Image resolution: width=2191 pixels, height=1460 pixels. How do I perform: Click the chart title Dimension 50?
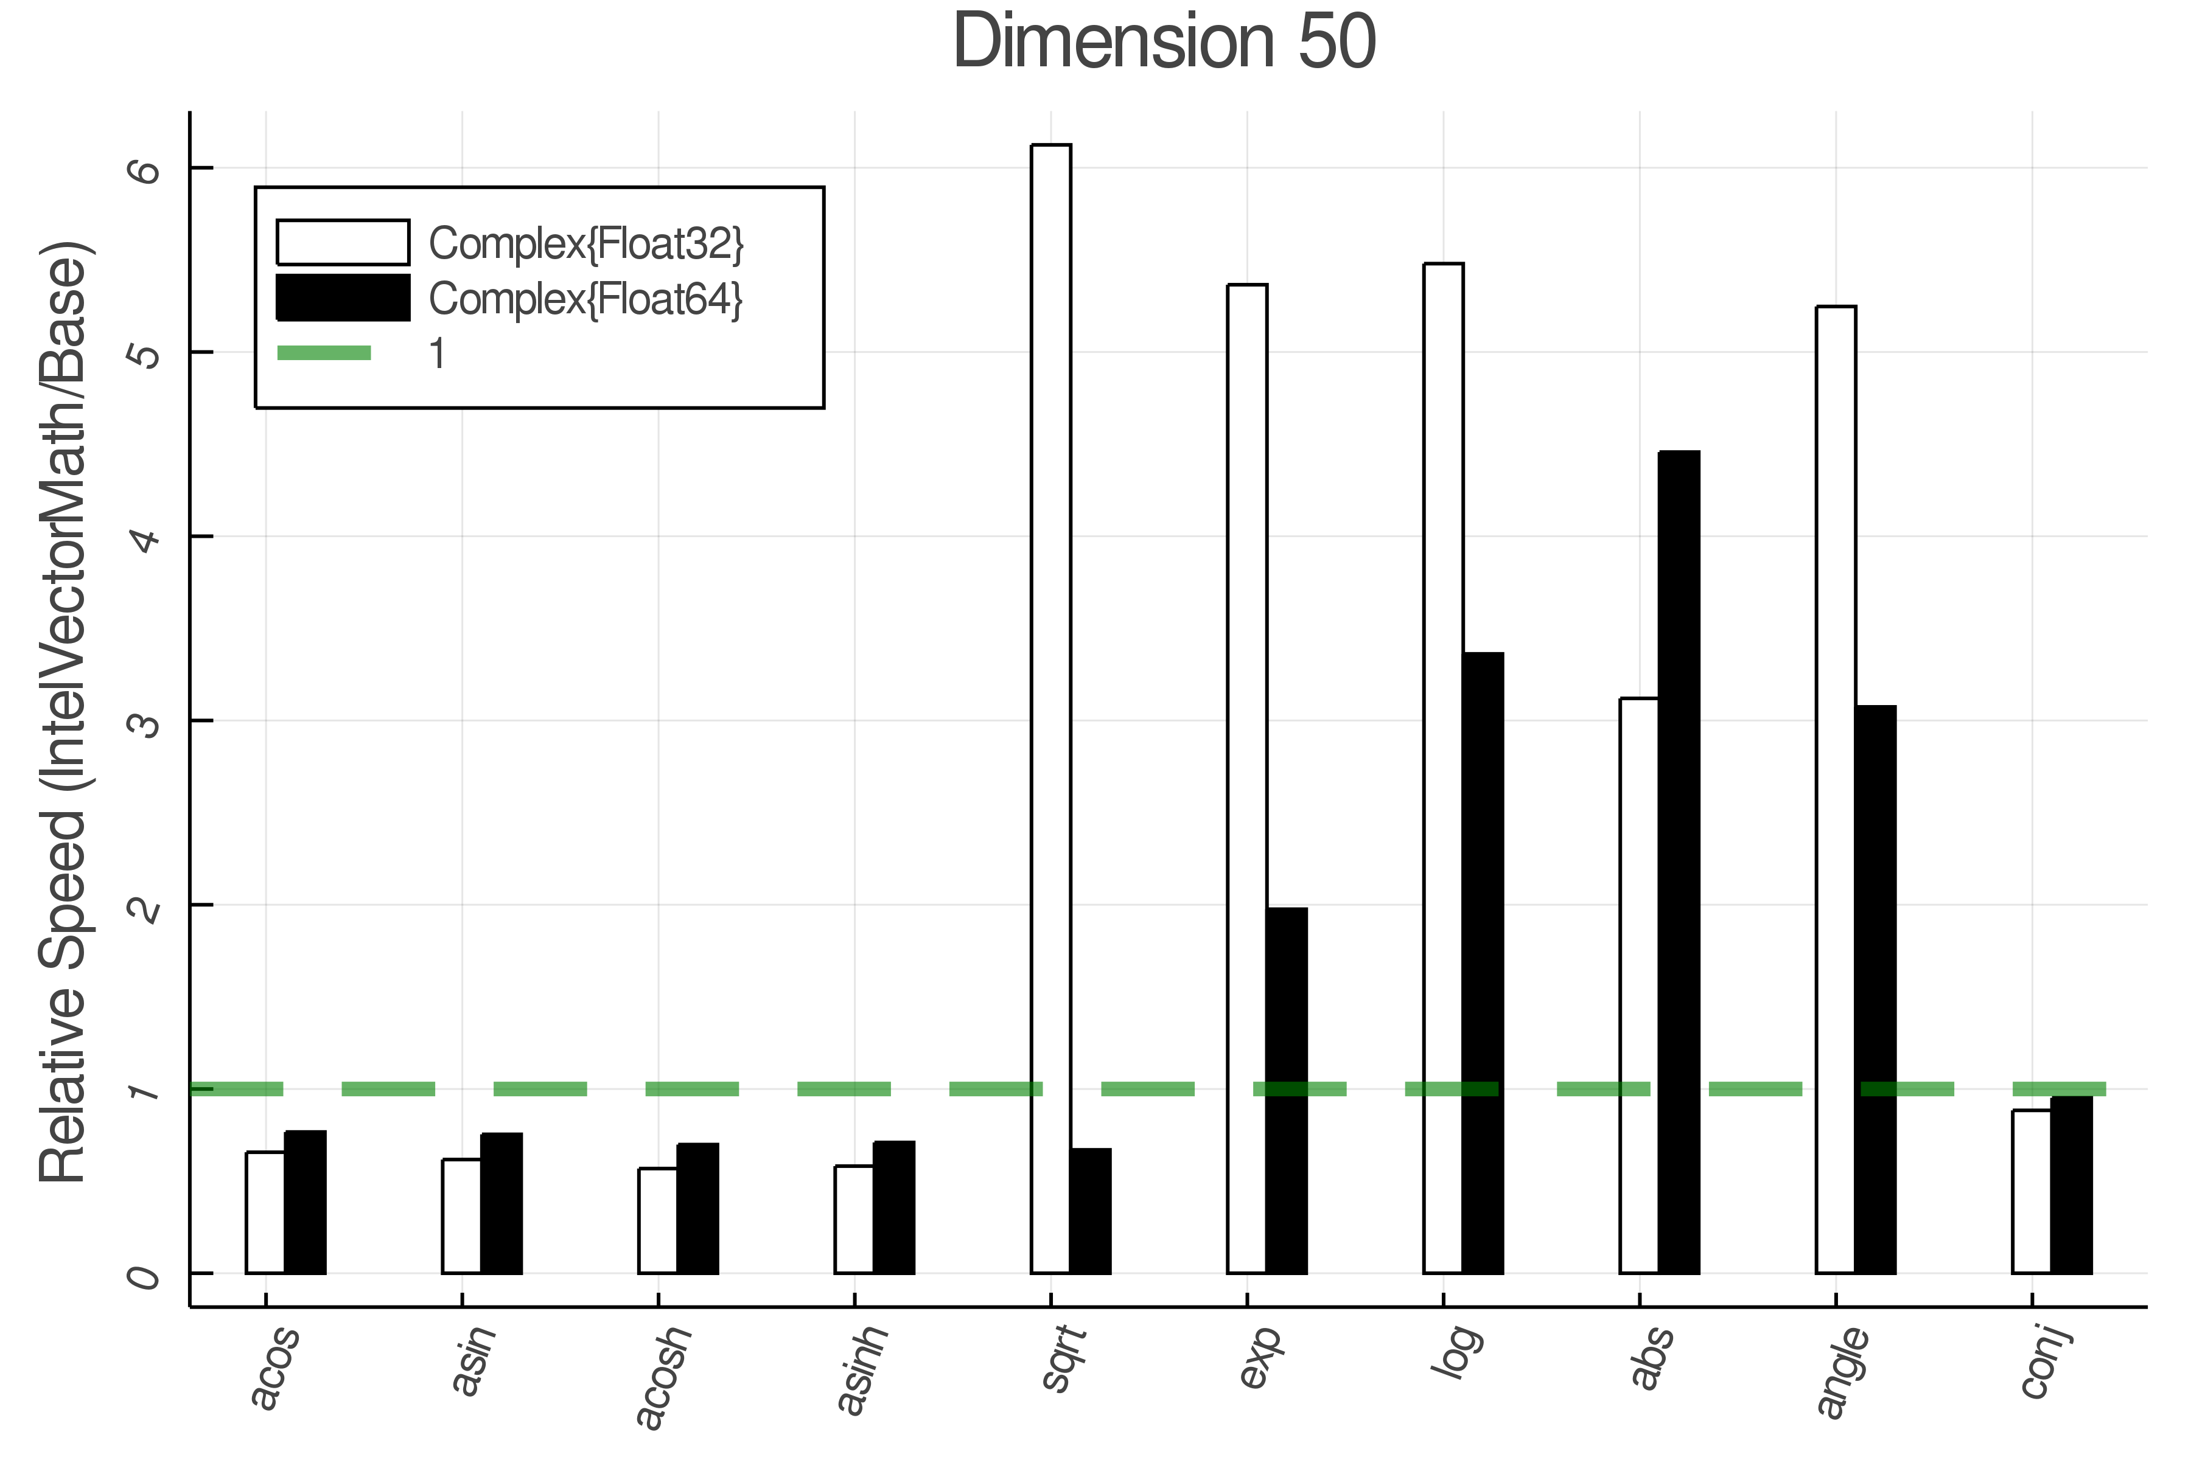[x=1164, y=42]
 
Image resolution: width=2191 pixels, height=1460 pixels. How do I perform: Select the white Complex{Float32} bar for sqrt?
[x=1051, y=707]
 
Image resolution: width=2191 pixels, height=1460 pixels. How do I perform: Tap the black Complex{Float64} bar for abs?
[x=1679, y=861]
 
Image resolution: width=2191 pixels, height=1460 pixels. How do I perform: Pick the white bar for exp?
[x=1246, y=777]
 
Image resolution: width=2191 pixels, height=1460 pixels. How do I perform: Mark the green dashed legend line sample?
[x=324, y=353]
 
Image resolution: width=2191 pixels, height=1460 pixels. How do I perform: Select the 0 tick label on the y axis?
[x=145, y=1274]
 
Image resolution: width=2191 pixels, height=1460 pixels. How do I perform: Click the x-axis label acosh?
[x=663, y=1376]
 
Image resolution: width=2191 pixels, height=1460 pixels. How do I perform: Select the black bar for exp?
[x=1287, y=1090]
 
